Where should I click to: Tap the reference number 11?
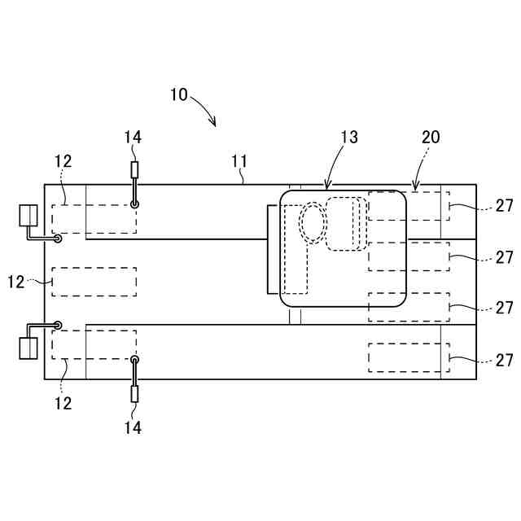pos(239,161)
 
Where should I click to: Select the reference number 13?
pos(348,138)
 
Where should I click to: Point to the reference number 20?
pos(430,138)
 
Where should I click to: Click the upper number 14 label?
pos(133,138)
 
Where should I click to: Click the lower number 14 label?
pos(133,427)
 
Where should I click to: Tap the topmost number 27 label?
pos(505,207)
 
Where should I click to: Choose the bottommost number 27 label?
pos(505,360)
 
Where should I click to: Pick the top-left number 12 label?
pos(63,161)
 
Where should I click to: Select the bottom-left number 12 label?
pos(63,403)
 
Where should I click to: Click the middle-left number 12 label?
pos(17,282)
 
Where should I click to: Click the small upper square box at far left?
pos(28,215)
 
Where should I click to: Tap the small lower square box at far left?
pos(28,348)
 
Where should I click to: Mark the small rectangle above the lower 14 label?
pos(134,394)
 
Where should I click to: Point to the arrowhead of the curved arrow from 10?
pos(214,124)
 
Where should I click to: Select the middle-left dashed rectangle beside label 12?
pos(94,282)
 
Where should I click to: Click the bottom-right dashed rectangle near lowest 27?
pos(404,358)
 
